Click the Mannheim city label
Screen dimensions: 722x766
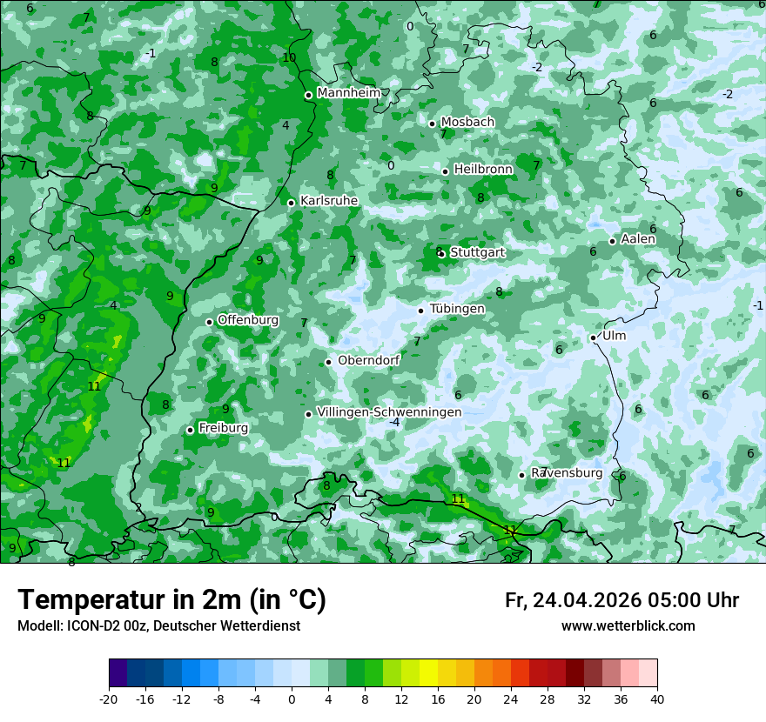click(348, 92)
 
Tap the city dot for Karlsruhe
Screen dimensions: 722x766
click(292, 203)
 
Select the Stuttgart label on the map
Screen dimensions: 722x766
click(477, 252)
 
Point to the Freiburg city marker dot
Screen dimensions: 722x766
click(191, 430)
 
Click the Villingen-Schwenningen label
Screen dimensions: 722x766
click(389, 411)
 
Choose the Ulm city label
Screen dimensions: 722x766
click(614, 335)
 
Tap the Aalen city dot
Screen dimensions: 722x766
click(613, 241)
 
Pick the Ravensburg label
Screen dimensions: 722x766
click(567, 472)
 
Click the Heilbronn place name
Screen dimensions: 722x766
click(483, 169)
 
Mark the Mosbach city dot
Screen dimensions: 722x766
click(432, 124)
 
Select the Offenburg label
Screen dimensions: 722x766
click(248, 319)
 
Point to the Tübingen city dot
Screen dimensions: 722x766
click(421, 311)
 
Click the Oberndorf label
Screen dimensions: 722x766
click(368, 360)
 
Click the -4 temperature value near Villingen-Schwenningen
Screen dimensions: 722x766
click(394, 423)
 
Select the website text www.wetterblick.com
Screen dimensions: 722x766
click(628, 625)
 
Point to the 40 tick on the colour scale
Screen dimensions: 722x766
click(656, 699)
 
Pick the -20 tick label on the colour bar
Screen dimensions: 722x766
click(109, 699)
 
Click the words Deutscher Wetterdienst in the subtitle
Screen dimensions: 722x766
click(229, 625)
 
